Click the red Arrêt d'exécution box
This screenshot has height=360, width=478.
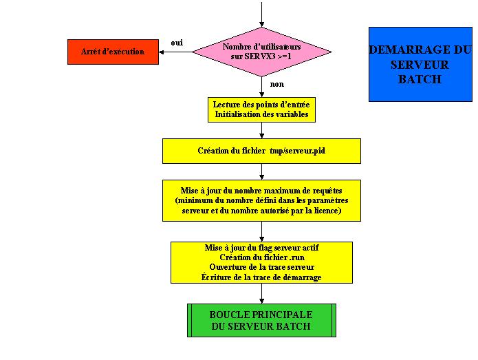click(x=113, y=52)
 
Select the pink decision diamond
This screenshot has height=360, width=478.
click(x=261, y=51)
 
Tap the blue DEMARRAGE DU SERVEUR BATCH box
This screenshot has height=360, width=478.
click(x=420, y=64)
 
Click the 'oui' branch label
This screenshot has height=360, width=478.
click(x=177, y=43)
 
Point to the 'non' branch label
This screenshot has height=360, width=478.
click(x=277, y=84)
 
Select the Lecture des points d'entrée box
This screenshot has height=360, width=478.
click(x=261, y=109)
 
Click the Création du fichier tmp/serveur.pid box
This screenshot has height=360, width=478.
click(x=261, y=151)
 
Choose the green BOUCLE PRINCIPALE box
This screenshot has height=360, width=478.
click(x=261, y=320)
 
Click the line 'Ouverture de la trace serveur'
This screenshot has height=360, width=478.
click(x=261, y=267)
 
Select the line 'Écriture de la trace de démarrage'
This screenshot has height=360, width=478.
click(x=261, y=277)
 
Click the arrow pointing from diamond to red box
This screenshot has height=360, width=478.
click(x=175, y=52)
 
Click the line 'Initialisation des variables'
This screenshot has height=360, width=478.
click(x=261, y=114)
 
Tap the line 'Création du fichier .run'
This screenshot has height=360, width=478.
click(x=261, y=257)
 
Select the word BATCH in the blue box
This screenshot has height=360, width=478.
click(x=420, y=79)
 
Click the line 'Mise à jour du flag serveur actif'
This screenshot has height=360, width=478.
click(x=261, y=248)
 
